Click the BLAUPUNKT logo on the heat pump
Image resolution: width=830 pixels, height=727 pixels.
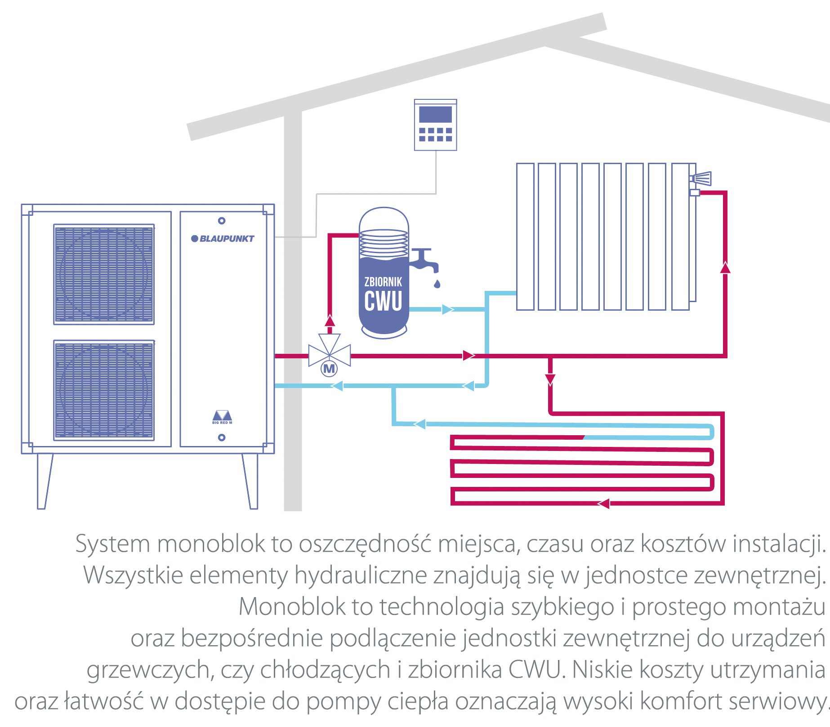(223, 238)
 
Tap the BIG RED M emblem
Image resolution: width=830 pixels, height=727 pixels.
(222, 417)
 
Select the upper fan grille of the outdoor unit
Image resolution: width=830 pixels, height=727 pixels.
(104, 274)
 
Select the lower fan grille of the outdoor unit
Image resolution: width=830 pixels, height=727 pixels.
(104, 390)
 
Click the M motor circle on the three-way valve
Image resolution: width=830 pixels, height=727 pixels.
(329, 369)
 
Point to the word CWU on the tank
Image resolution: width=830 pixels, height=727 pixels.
(383, 301)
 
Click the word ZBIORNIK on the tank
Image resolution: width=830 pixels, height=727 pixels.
(383, 282)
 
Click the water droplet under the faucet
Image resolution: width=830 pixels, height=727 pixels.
(437, 283)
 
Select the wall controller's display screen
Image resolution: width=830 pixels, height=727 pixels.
(435, 114)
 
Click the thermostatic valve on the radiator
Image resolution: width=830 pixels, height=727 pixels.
(702, 178)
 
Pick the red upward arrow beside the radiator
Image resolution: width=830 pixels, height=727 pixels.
(725, 268)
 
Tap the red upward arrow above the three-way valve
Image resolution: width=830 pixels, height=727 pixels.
(330, 320)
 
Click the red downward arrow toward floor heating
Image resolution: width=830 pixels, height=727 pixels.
(550, 379)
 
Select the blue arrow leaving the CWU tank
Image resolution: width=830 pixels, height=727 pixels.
(447, 309)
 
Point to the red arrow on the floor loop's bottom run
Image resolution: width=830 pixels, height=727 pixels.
(603, 504)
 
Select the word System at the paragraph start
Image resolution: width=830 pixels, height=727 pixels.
(112, 544)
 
